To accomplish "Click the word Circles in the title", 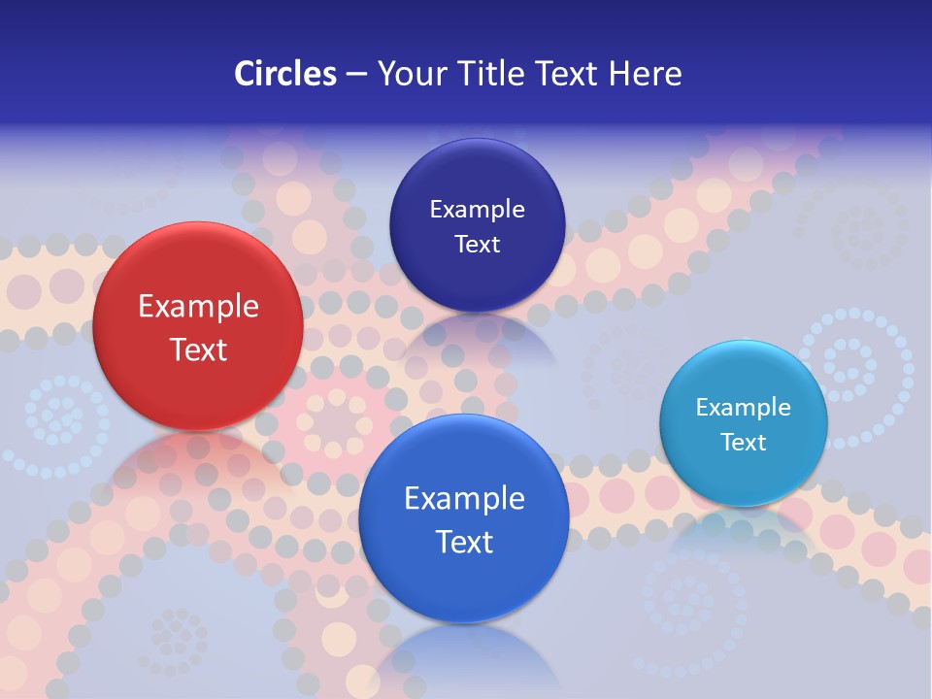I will [284, 74].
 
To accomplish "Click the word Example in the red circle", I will [198, 307].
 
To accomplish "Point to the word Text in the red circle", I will [198, 349].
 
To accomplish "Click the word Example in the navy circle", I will [477, 210].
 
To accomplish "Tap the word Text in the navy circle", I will [477, 244].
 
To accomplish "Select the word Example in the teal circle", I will [744, 408].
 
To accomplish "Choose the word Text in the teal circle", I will [744, 442].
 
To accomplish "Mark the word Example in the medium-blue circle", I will [464, 499].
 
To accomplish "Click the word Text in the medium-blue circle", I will [464, 542].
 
